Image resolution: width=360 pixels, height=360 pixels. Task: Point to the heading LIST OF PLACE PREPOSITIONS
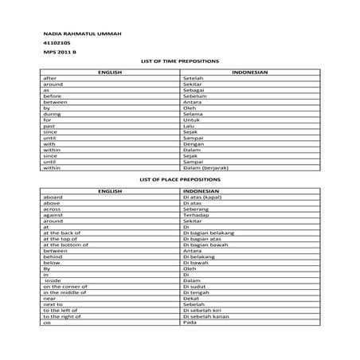(x=179, y=181)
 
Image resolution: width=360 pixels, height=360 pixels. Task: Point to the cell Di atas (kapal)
(x=202, y=198)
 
